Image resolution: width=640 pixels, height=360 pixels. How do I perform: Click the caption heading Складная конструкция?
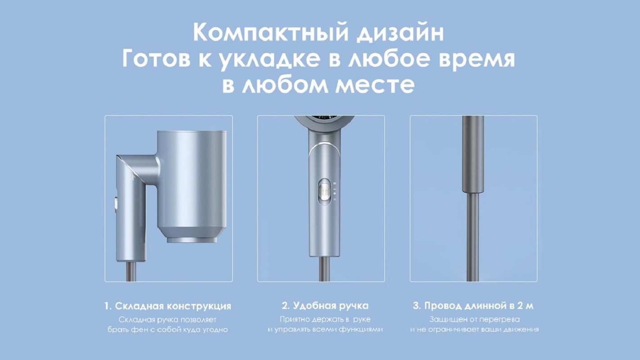click(x=173, y=306)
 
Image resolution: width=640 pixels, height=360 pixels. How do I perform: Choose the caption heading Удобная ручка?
click(x=330, y=306)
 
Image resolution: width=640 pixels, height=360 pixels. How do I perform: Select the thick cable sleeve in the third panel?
click(x=473, y=155)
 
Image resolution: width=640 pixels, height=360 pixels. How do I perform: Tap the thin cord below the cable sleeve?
click(x=473, y=238)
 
